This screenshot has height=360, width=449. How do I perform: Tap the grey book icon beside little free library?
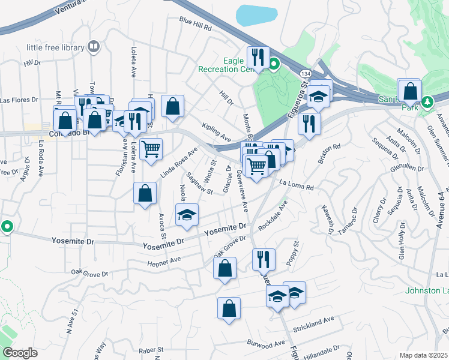pos(93,46)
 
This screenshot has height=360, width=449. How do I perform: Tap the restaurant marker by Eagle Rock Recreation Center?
pos(258,58)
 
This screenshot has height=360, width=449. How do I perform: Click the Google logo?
pos(20,353)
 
